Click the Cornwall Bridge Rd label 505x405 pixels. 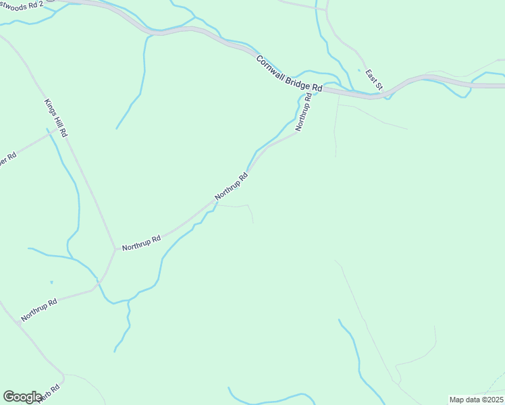[x=289, y=74]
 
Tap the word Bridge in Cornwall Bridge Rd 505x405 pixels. [x=292, y=75]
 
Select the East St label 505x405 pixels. [x=374, y=79]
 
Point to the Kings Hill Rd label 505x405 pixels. [x=55, y=118]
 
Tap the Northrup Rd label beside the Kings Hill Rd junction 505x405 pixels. [x=141, y=243]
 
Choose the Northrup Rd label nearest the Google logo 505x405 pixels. [x=38, y=308]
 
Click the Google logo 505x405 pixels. [x=23, y=396]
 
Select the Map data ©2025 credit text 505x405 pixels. [x=476, y=400]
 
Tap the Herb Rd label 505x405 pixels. [x=49, y=393]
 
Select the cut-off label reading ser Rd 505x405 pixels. [x=7, y=163]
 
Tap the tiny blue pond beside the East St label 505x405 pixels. [x=358, y=70]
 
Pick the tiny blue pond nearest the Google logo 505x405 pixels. [x=51, y=282]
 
